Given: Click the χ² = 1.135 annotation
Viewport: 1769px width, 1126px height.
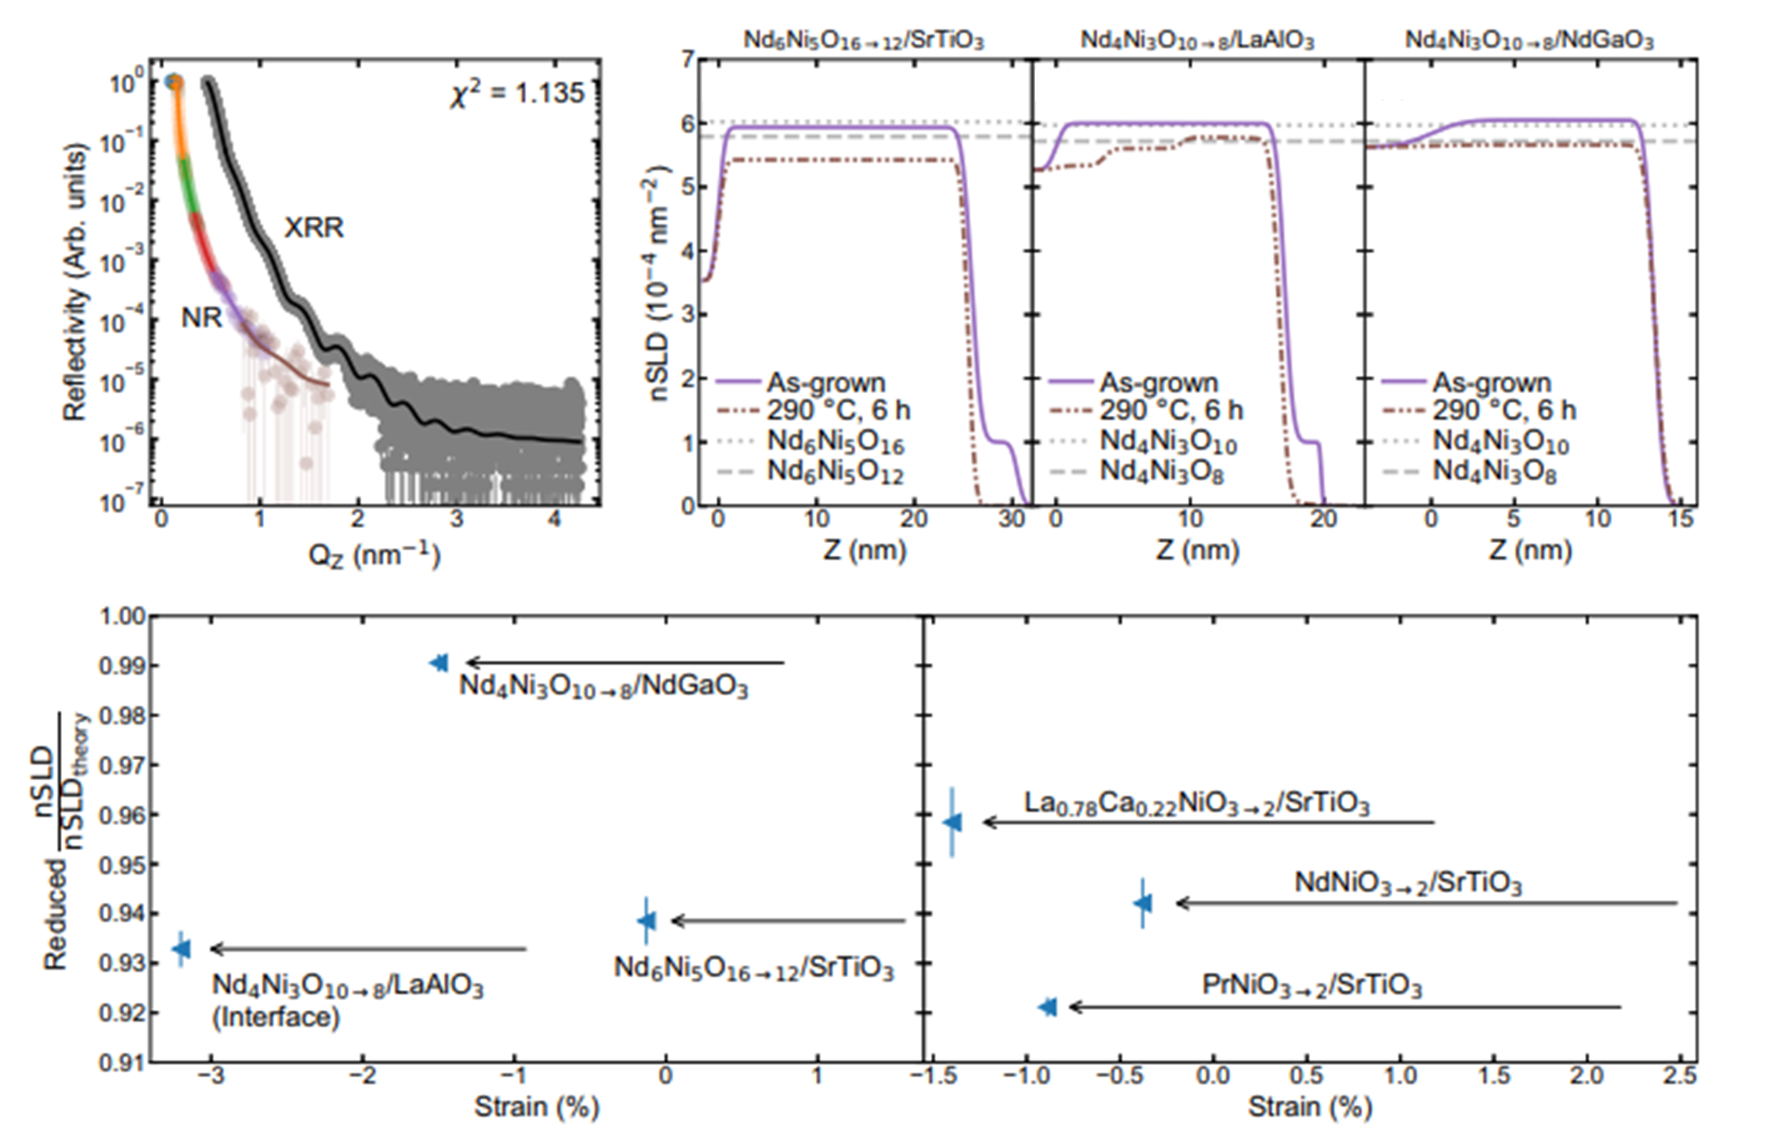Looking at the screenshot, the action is pyautogui.click(x=517, y=93).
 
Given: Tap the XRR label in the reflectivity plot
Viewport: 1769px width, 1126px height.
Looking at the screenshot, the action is pyautogui.click(x=314, y=228).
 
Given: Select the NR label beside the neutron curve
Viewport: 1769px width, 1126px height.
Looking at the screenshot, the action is pyautogui.click(x=201, y=317).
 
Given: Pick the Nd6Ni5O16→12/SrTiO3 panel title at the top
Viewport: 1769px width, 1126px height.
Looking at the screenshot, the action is pyautogui.click(x=863, y=39).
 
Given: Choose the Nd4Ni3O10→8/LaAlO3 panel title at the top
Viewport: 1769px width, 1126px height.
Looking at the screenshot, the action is pyautogui.click(x=1197, y=39).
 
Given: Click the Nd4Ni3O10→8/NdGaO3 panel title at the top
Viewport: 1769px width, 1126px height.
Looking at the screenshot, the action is pyautogui.click(x=1529, y=39).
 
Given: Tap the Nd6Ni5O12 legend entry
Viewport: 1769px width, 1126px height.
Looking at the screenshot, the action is pyautogui.click(x=835, y=471).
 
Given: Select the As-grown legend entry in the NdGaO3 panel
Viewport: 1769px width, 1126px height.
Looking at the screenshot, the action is pyautogui.click(x=1491, y=382).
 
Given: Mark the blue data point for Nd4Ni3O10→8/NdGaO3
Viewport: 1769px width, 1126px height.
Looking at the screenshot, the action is pyautogui.click(x=439, y=663).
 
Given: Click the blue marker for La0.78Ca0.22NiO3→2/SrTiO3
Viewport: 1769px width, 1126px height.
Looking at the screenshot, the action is pyautogui.click(x=952, y=822).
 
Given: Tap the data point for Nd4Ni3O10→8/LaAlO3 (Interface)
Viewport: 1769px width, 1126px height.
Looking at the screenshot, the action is pyautogui.click(x=181, y=949).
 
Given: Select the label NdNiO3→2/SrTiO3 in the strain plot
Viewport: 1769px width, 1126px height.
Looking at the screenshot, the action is pyautogui.click(x=1408, y=883).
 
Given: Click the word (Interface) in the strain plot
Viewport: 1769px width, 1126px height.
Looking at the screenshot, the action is pyautogui.click(x=276, y=1017).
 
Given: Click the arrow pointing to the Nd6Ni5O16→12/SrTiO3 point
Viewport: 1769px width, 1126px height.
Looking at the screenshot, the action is pyautogui.click(x=788, y=920).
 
